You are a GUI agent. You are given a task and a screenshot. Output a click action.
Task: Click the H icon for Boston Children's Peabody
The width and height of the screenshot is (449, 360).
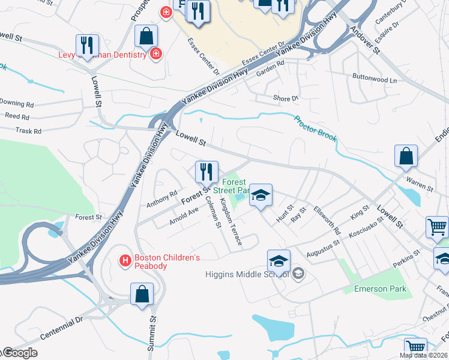point(125,261)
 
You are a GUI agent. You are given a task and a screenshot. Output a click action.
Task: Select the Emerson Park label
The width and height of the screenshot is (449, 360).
point(380,289)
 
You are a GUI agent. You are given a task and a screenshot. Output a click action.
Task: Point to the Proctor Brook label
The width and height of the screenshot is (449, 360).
point(315,128)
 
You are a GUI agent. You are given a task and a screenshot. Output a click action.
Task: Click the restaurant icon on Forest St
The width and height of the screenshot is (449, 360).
point(206,172)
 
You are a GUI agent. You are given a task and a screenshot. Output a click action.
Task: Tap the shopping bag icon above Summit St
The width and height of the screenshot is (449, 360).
point(142,294)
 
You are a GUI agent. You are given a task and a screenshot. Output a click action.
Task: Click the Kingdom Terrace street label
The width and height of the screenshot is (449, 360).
point(231,222)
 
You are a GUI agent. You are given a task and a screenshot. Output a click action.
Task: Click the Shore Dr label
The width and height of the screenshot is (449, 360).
point(285,98)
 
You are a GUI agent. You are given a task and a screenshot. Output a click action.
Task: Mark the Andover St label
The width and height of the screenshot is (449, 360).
point(366,40)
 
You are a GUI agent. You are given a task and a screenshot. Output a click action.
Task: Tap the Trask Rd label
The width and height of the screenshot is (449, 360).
point(28,131)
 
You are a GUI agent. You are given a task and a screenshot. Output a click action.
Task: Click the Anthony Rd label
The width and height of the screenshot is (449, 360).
point(162,199)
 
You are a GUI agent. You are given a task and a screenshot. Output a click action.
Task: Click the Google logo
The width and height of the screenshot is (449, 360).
point(19,353)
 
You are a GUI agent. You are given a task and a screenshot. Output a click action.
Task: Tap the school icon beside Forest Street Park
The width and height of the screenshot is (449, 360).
point(261,195)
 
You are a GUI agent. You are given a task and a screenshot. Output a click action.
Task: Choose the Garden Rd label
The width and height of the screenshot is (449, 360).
point(269,71)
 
